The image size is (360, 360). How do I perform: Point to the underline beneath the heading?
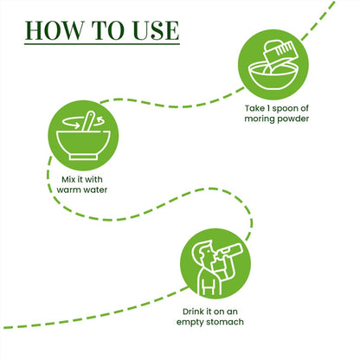point(102,44)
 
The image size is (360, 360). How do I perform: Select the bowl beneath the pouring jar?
point(273,76)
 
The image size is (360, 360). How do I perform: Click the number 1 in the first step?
point(268,108)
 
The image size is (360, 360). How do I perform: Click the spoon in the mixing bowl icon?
point(88,121)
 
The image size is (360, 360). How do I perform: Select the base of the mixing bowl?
point(83,157)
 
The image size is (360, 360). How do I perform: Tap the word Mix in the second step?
point(68,179)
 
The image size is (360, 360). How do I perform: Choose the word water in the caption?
point(95,190)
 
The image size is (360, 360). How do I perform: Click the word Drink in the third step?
point(194,312)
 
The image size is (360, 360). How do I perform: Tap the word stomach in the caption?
point(224,322)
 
